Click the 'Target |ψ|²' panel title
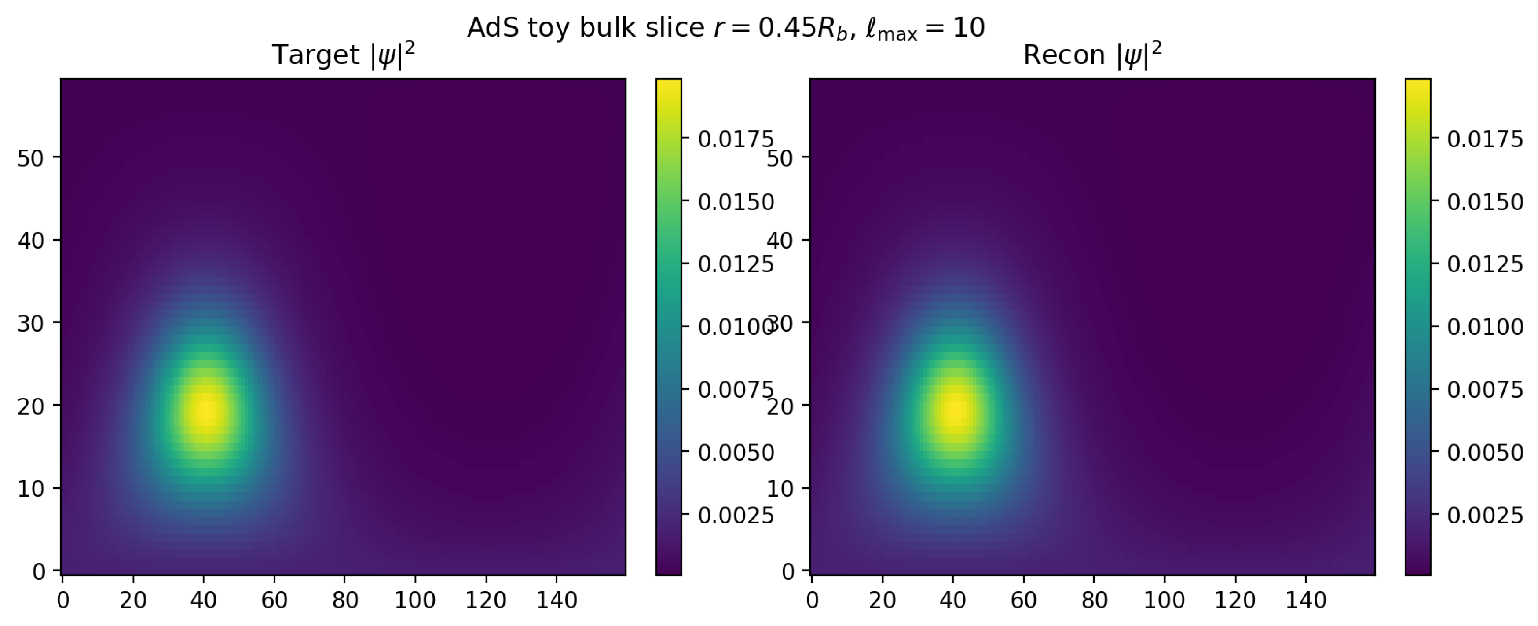point(343,55)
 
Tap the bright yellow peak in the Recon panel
point(955,412)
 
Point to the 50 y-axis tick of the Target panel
point(30,158)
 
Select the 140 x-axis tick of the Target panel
point(557,600)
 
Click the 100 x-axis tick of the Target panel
point(415,600)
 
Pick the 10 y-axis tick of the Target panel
point(30,489)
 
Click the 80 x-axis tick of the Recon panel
point(1094,600)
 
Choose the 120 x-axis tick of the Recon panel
point(1235,600)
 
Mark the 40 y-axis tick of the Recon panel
point(780,241)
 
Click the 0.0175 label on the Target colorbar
point(735,139)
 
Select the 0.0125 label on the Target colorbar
point(735,264)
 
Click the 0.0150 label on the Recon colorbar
point(1485,202)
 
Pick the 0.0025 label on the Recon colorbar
point(1485,516)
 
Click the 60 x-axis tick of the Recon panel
point(1023,600)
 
